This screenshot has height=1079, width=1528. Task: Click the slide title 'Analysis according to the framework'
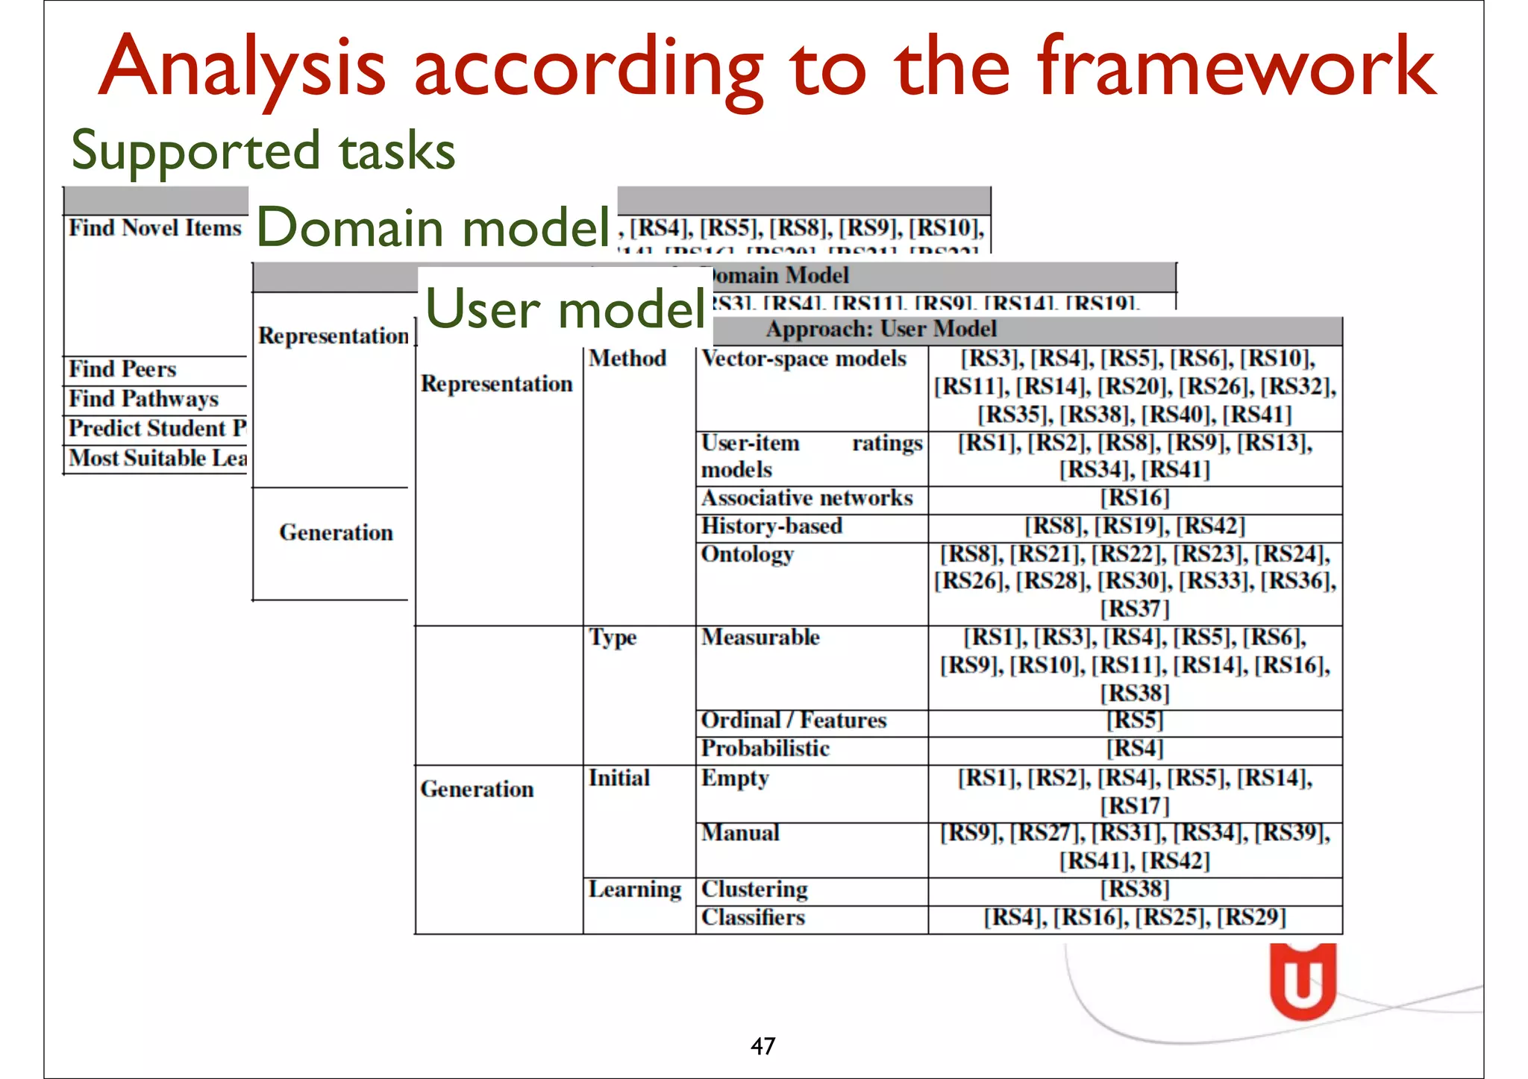pyautogui.click(x=766, y=69)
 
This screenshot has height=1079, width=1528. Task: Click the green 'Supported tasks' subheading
pyautogui.click(x=263, y=151)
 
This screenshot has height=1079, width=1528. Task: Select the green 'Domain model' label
pyautogui.click(x=433, y=227)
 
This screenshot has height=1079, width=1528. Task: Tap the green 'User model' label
pyautogui.click(x=565, y=309)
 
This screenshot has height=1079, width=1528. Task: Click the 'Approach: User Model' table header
pyautogui.click(x=880, y=330)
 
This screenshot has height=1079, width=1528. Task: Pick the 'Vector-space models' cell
pyautogui.click(x=804, y=359)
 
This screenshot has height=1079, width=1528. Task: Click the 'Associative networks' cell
pyautogui.click(x=807, y=498)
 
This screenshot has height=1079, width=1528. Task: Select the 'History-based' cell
pyautogui.click(x=771, y=526)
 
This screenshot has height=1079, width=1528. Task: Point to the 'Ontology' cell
pyautogui.click(x=747, y=555)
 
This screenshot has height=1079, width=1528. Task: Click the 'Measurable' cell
pyautogui.click(x=760, y=638)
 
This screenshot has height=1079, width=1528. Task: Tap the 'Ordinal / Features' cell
pyautogui.click(x=793, y=720)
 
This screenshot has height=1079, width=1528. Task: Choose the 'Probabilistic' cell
pyautogui.click(x=765, y=749)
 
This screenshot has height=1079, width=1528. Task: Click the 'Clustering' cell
pyautogui.click(x=754, y=890)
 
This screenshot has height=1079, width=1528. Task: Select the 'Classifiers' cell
pyautogui.click(x=753, y=918)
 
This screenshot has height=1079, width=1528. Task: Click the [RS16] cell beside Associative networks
pyautogui.click(x=1134, y=498)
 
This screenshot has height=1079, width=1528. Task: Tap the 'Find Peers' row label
pyautogui.click(x=122, y=369)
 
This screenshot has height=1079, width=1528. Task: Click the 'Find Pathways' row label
pyautogui.click(x=143, y=399)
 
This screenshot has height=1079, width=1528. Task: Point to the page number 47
pyautogui.click(x=763, y=1046)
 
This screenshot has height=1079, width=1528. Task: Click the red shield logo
pyautogui.click(x=1303, y=981)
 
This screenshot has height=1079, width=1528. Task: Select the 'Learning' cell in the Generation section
pyautogui.click(x=634, y=890)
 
